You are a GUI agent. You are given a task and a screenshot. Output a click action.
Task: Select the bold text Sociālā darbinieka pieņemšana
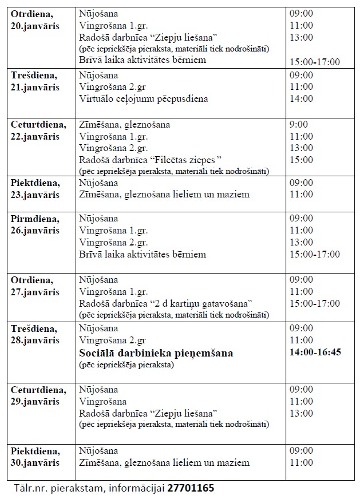point(156,353)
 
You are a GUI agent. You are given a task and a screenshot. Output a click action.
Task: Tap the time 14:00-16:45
point(315,352)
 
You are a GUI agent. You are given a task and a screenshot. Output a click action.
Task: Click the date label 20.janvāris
point(35,26)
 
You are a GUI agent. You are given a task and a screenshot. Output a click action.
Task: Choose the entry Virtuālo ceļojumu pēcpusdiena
point(143,98)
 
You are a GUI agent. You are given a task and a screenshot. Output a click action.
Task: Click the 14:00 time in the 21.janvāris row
point(302,98)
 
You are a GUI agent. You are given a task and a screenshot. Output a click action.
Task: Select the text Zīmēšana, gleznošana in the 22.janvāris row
point(124,124)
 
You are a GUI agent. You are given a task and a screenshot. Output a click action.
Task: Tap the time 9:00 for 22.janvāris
point(299,124)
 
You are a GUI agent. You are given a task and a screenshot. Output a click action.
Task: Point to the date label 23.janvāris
point(35,195)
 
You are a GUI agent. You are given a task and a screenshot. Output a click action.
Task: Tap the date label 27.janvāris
point(35,292)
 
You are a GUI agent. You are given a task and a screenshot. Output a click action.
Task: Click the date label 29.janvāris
point(35,402)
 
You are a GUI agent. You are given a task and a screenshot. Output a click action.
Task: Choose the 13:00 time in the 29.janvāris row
point(302,413)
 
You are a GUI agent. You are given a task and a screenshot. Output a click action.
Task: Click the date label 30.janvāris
point(35,462)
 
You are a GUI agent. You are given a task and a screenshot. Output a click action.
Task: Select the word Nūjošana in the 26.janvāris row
point(98,219)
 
